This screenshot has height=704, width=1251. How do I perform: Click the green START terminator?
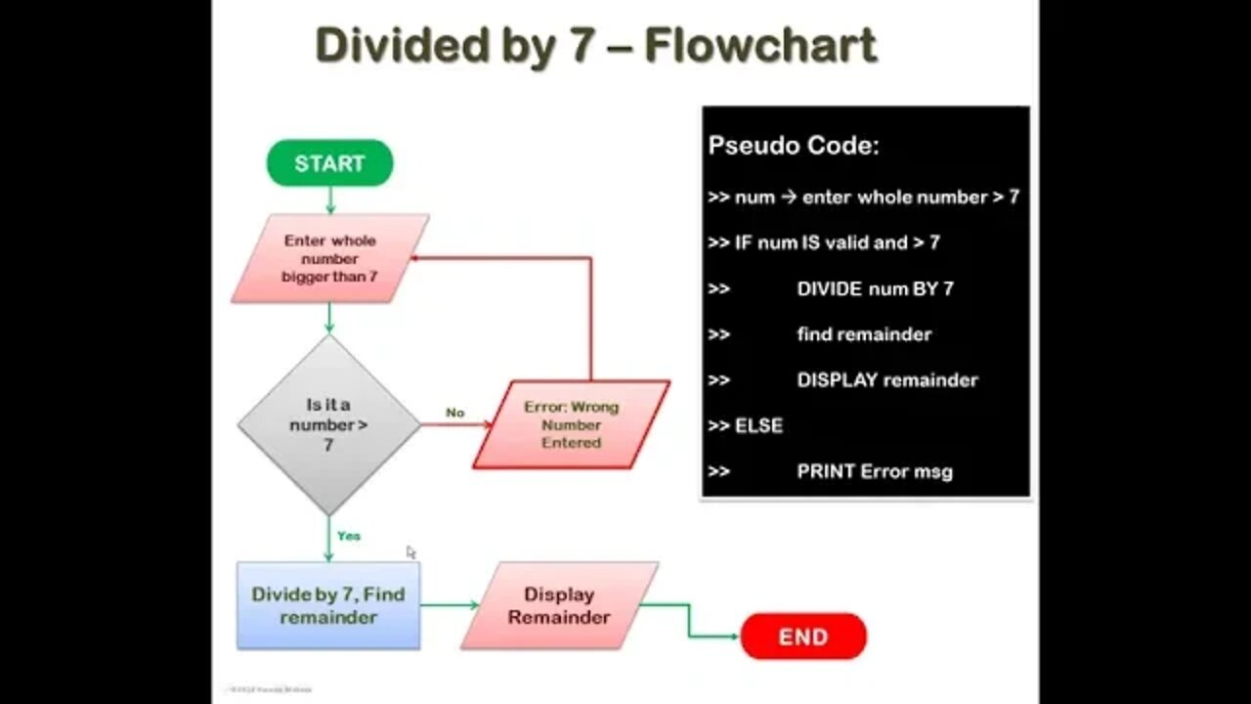pos(329,163)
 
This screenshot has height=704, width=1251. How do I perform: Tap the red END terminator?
pos(803,637)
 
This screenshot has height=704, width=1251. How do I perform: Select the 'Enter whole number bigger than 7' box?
pos(329,258)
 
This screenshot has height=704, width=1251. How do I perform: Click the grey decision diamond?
pos(328,424)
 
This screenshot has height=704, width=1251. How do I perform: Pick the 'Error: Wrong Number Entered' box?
pos(572,424)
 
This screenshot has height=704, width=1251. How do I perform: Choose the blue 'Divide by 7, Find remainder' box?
pos(328,605)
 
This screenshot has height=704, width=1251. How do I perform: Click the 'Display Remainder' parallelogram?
pos(559,605)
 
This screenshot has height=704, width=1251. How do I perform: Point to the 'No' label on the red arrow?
pos(454,413)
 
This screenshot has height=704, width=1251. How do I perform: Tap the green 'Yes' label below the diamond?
pos(349,536)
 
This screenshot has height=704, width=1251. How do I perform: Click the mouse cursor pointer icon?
pos(410,552)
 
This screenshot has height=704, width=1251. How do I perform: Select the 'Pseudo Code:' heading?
pos(794,146)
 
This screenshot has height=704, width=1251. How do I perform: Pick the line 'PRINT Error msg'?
pos(875,471)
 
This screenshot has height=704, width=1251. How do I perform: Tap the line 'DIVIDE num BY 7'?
pos(875,288)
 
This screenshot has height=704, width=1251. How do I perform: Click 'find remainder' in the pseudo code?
pos(864,334)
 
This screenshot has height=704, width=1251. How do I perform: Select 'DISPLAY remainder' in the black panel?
pos(886,379)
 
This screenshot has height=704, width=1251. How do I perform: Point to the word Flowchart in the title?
pos(760,46)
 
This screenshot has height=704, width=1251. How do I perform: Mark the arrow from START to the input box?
pos(329,200)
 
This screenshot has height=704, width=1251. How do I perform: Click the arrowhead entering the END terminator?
pos(734,637)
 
